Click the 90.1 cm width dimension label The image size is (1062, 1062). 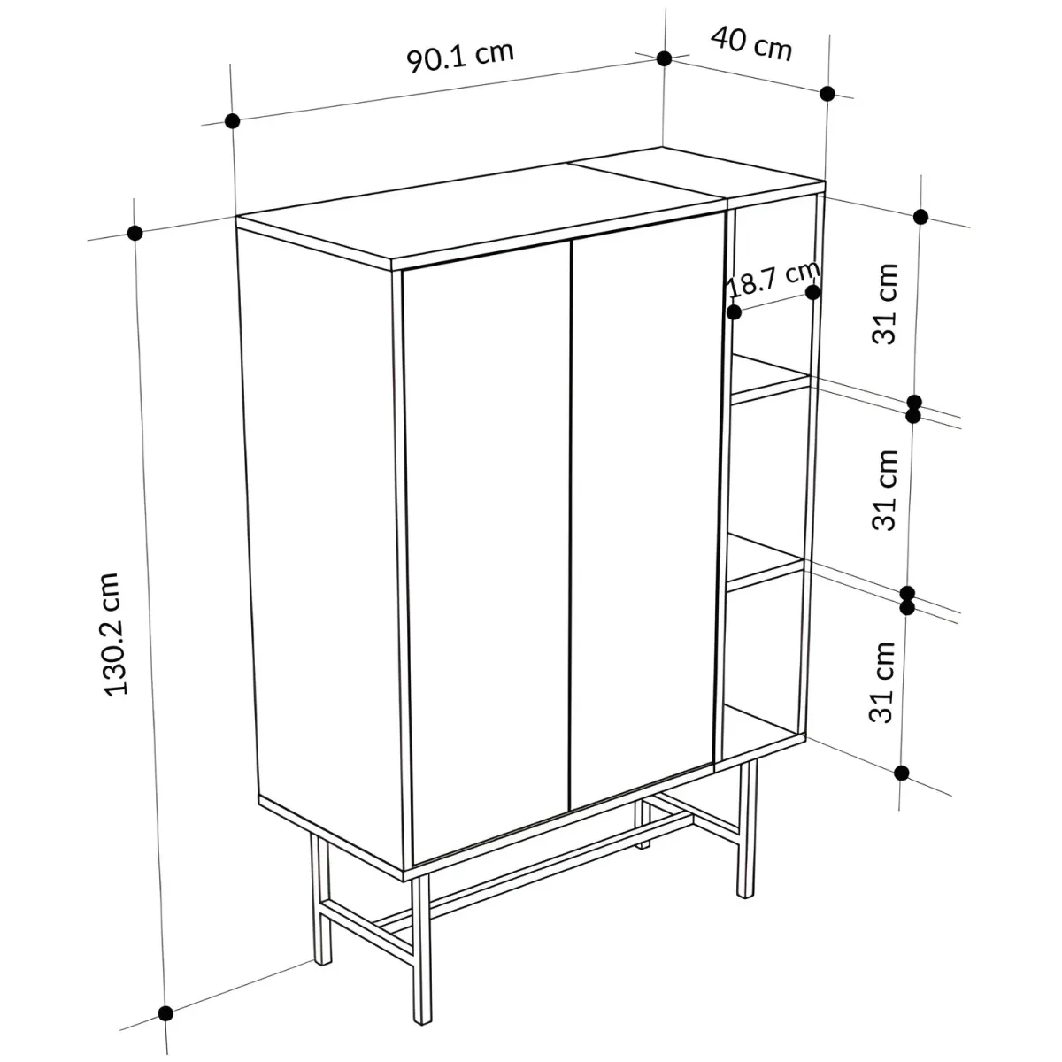460,57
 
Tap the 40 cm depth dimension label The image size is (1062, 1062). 751,44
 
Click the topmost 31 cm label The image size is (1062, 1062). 885,304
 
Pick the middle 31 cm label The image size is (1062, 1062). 885,490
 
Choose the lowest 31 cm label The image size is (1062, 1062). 881,681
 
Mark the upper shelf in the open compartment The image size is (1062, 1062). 772,378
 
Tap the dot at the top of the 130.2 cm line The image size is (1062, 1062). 135,233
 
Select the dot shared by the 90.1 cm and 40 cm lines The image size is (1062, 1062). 664,58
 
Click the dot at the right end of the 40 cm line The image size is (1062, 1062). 827,94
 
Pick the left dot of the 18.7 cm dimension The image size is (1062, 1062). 734,312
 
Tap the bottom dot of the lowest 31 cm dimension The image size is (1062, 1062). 902,773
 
